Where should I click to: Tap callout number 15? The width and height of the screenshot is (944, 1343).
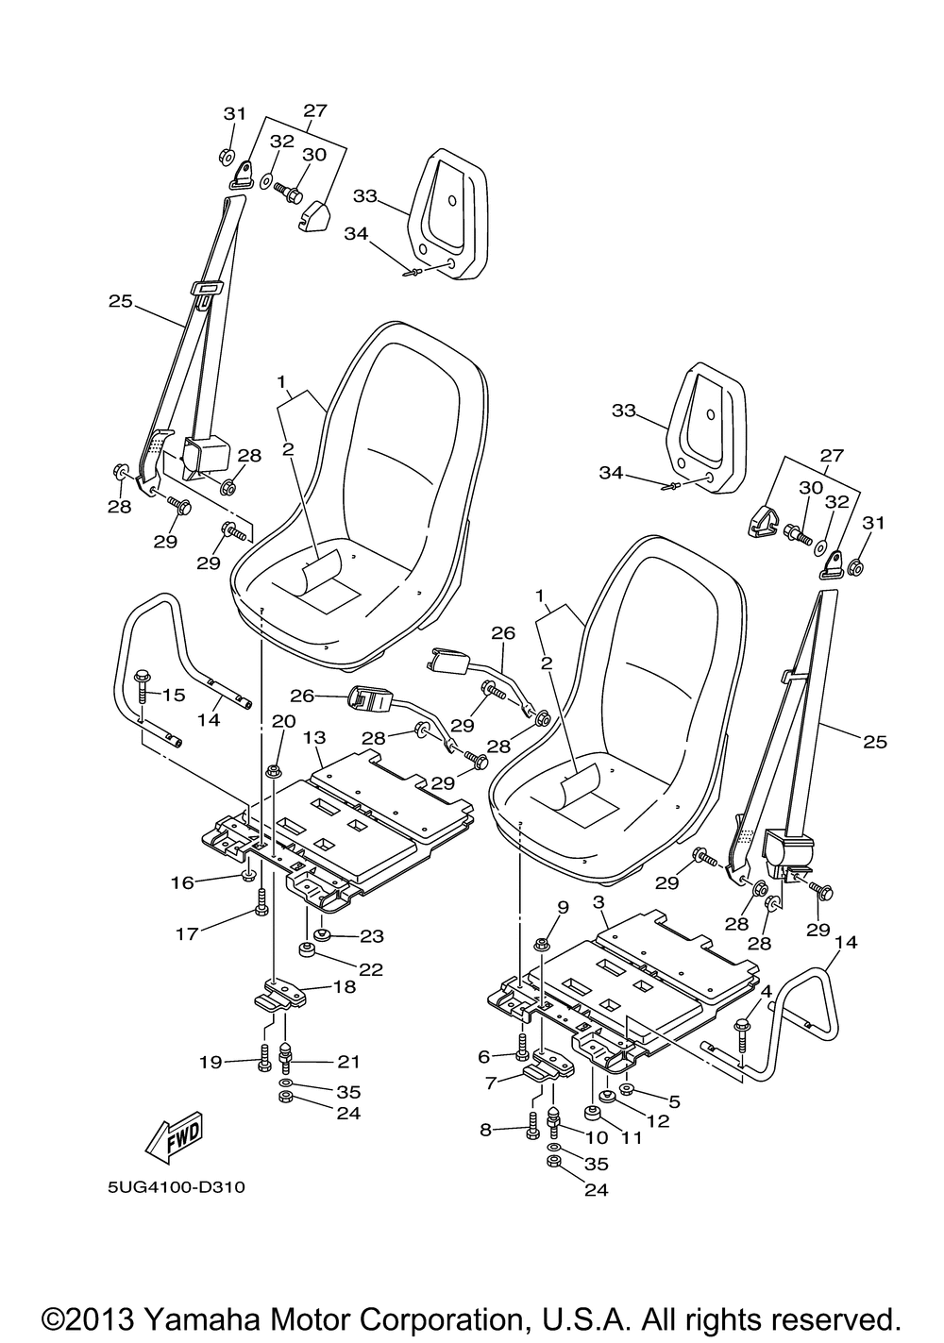pyautogui.click(x=174, y=695)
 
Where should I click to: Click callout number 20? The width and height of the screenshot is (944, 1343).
pyautogui.click(x=283, y=721)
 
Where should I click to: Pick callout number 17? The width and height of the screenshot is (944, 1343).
pyautogui.click(x=187, y=933)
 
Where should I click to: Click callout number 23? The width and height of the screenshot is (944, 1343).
pyautogui.click(x=371, y=936)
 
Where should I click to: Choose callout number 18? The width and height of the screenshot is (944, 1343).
pyautogui.click(x=345, y=986)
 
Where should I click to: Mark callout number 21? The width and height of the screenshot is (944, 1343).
pyautogui.click(x=349, y=1062)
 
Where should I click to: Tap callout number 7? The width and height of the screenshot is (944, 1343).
pyautogui.click(x=491, y=1083)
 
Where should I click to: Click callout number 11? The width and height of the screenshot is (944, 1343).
pyautogui.click(x=631, y=1136)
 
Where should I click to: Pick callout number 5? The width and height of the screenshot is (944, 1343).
pyautogui.click(x=674, y=1101)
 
